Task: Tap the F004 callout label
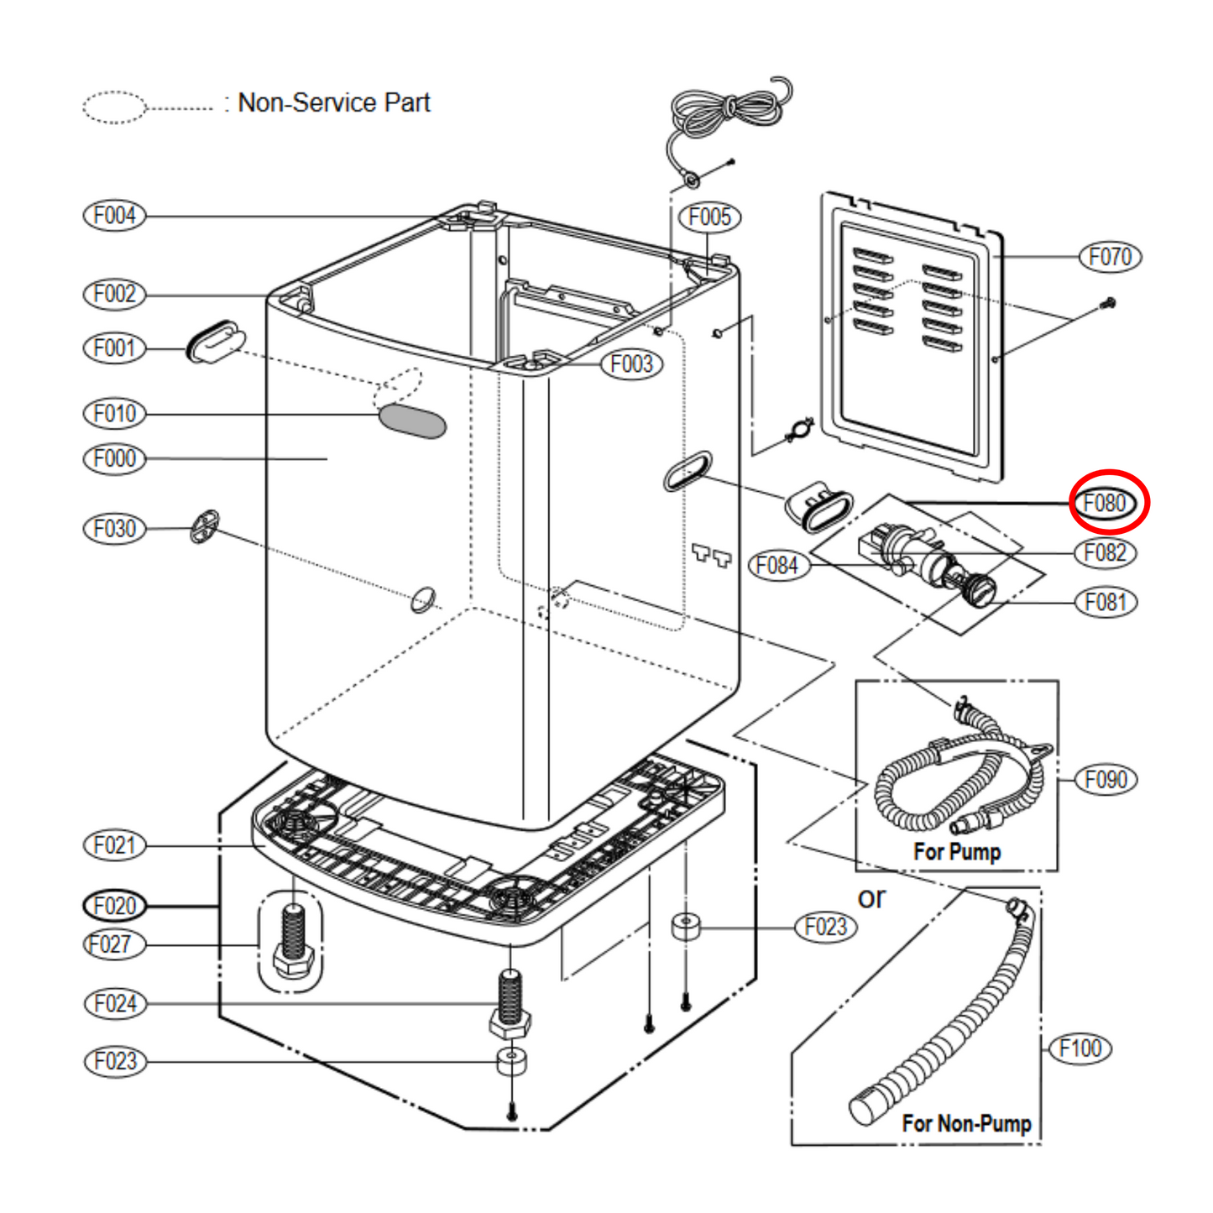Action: [x=115, y=216]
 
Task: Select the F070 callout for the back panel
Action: [x=1110, y=256]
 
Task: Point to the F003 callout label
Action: [x=631, y=364]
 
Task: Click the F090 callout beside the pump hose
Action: [x=1106, y=779]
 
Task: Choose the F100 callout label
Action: [x=1080, y=1048]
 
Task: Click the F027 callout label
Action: [x=115, y=944]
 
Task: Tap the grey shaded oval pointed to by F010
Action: [x=411, y=421]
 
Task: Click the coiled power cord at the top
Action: [x=729, y=109]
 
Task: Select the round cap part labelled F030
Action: [x=205, y=526]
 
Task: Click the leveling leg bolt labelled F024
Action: [x=510, y=1003]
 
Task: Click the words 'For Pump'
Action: [x=957, y=851]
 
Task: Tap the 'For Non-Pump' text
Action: [x=966, y=1123]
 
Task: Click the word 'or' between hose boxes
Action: [x=871, y=898]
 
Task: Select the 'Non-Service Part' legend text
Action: [x=333, y=102]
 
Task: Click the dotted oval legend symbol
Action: [x=114, y=107]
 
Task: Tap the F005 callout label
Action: [x=709, y=217]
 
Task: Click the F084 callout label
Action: [x=777, y=565]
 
